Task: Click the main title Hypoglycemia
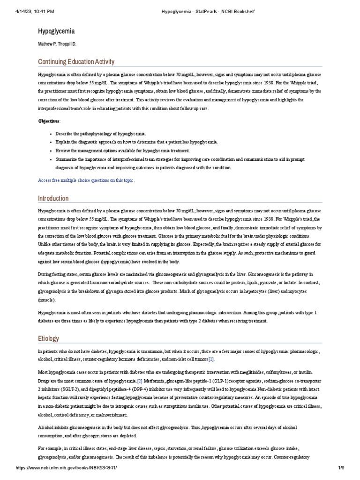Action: [56, 31]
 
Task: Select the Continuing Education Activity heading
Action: [76, 62]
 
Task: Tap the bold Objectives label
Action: [49, 121]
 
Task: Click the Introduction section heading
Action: [53, 198]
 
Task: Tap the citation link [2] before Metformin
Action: [140, 380]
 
